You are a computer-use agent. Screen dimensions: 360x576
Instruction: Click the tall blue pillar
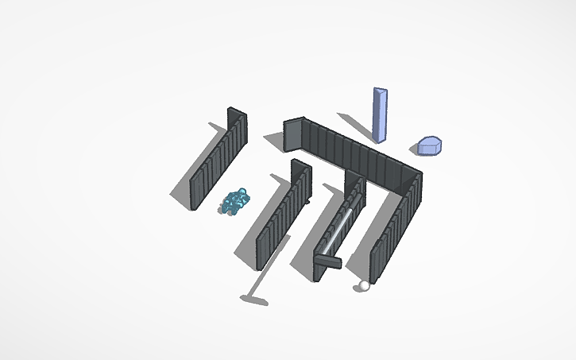(x=381, y=116)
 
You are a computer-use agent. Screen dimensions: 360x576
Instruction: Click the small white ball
(x=364, y=285)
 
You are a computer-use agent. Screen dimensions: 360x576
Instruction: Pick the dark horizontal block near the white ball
(x=327, y=260)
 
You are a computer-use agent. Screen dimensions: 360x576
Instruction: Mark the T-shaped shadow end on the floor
(x=254, y=300)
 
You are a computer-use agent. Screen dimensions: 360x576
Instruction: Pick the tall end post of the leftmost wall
(x=236, y=127)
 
